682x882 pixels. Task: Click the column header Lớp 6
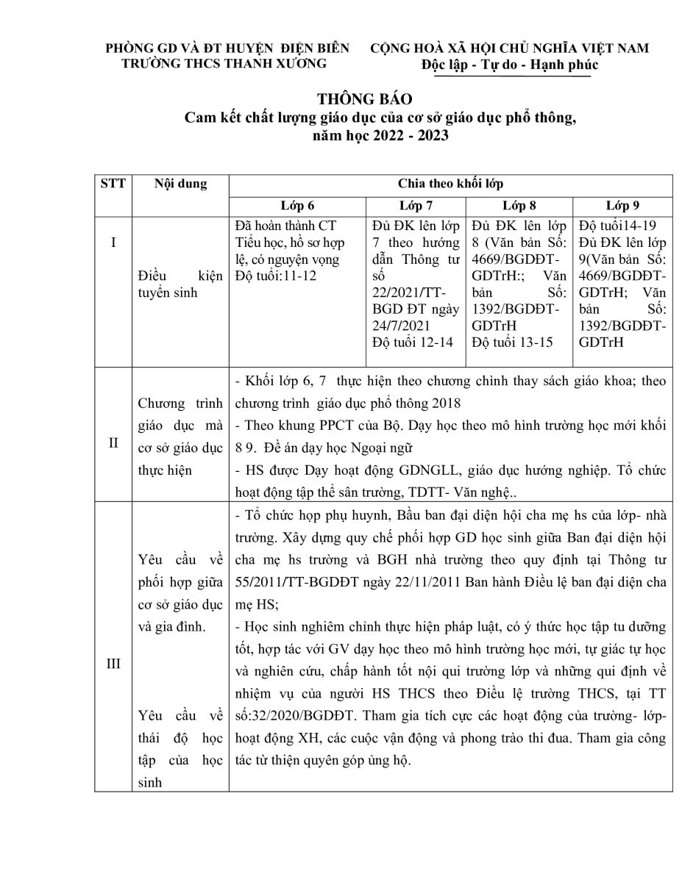pos(296,205)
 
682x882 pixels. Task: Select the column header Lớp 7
pos(416,205)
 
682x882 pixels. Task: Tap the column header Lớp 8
pos(519,205)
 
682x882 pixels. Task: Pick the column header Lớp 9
pos(622,205)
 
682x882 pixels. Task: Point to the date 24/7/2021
pos(397,325)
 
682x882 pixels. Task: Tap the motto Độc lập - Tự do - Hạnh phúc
pos(510,65)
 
